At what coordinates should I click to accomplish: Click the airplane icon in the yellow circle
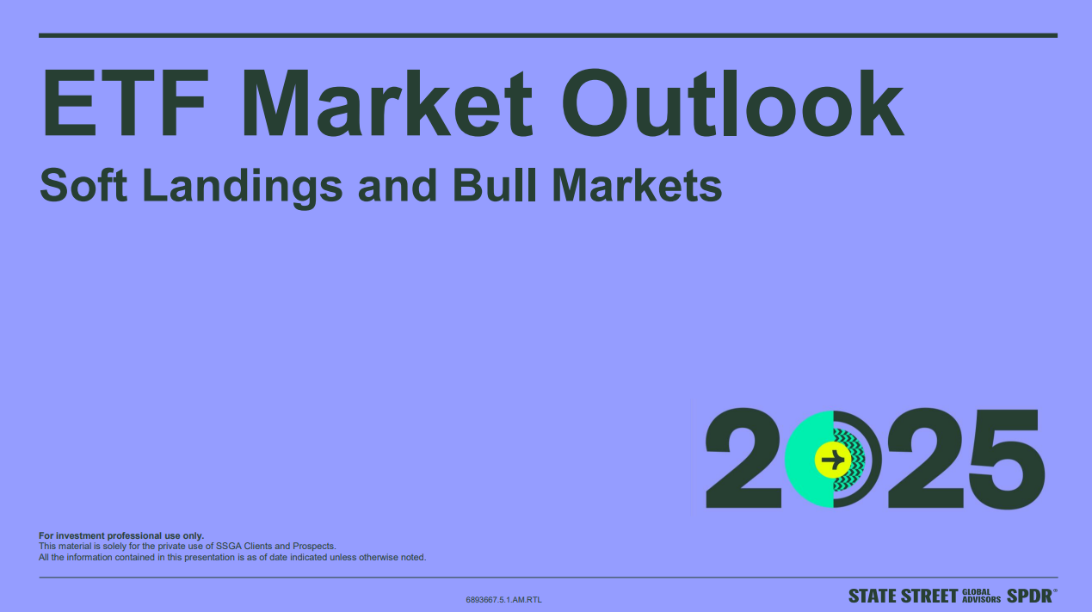[x=832, y=459]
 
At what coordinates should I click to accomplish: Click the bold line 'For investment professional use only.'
[x=121, y=535]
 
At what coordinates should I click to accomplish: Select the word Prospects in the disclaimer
[x=316, y=546]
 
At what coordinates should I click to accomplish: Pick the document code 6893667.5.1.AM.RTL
[x=503, y=599]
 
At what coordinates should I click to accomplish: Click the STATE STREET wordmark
[x=902, y=596]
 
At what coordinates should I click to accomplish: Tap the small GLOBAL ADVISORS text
[x=981, y=596]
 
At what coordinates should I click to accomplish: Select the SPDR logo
[x=1030, y=596]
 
